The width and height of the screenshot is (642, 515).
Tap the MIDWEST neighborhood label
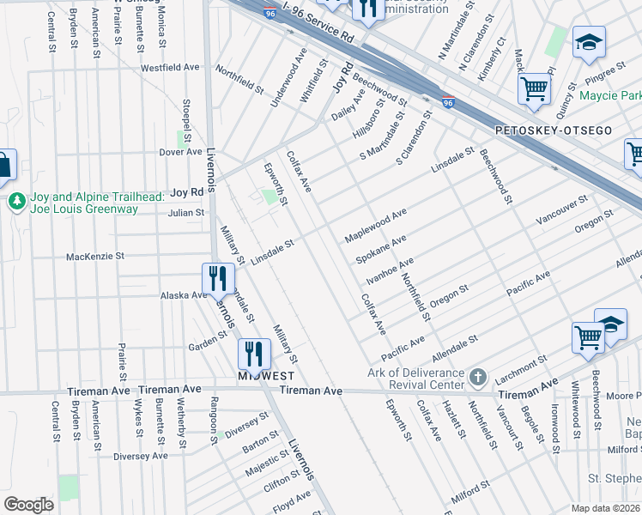(266, 376)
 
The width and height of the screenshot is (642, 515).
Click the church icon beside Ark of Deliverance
(479, 377)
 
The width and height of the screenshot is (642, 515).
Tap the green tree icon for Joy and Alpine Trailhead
(15, 202)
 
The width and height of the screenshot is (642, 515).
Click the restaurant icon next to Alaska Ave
(218, 278)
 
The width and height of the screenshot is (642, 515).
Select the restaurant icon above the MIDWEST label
(254, 353)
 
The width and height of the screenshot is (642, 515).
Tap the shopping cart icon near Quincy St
(534, 88)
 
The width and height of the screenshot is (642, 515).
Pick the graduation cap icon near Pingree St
(590, 42)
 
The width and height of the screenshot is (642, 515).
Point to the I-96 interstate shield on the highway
(448, 101)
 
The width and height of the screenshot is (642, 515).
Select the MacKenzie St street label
(95, 256)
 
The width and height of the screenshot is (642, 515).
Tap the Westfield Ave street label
(170, 67)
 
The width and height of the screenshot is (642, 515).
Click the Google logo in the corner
(28, 504)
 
